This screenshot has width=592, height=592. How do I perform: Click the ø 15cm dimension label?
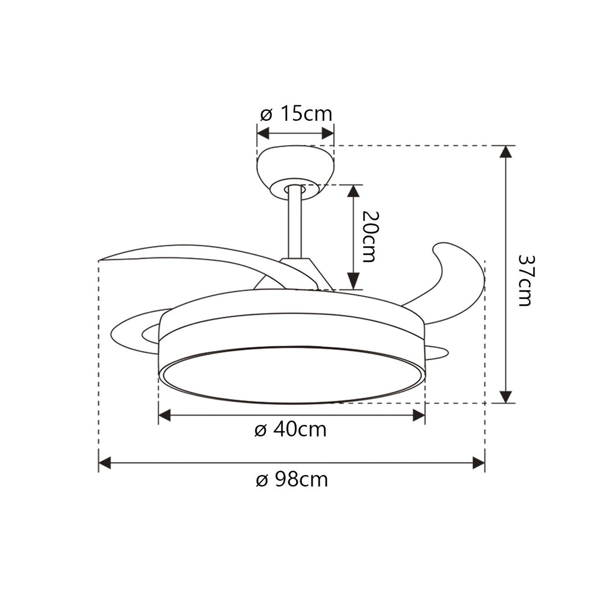click(x=296, y=114)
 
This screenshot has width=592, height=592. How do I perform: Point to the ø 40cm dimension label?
click(x=290, y=430)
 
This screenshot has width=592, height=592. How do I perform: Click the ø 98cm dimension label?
click(x=291, y=479)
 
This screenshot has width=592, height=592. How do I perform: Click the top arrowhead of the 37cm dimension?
click(x=506, y=151)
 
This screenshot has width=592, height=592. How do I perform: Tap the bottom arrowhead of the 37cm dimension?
click(x=506, y=397)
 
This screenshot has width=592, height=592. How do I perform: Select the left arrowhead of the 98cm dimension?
click(x=105, y=462)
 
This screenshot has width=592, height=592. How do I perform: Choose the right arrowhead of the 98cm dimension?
click(x=479, y=462)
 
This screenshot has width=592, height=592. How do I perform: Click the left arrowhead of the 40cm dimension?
click(x=164, y=415)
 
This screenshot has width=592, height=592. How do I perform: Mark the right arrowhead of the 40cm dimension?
click(x=419, y=415)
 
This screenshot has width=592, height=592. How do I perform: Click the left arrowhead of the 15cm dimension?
click(x=263, y=134)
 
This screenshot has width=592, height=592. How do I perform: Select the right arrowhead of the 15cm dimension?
click(x=328, y=134)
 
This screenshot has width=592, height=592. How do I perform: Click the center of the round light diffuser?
click(x=292, y=375)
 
